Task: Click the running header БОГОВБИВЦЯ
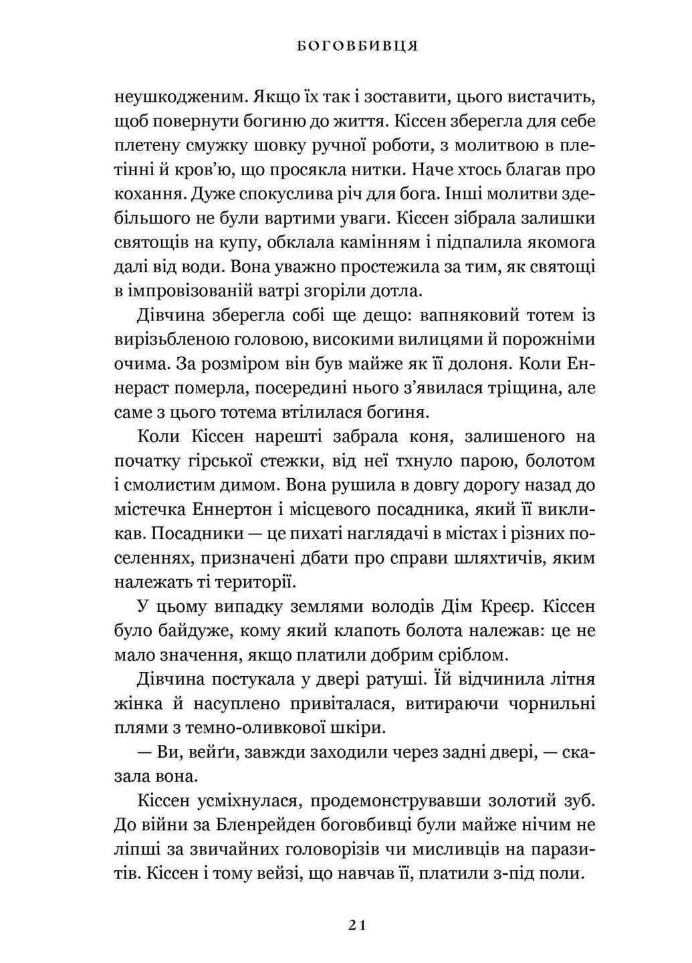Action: pyautogui.click(x=356, y=46)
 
